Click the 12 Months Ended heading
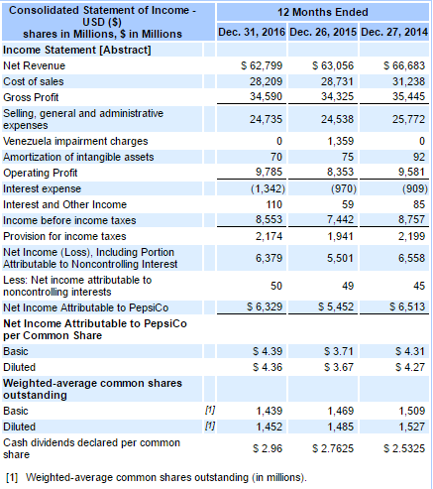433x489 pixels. click(x=323, y=12)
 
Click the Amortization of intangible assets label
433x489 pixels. click(x=79, y=157)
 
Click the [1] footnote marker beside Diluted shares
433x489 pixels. click(x=209, y=425)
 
